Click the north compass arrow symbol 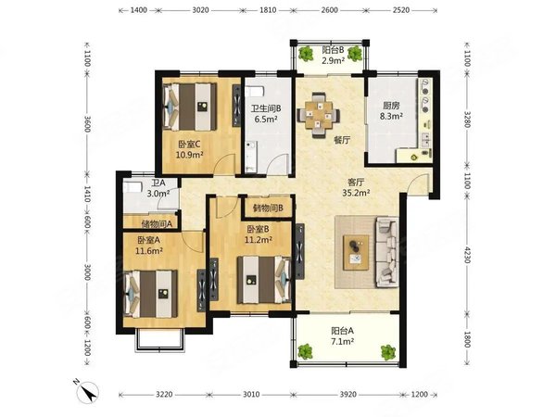88,391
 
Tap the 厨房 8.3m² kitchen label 391,110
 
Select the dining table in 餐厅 318,115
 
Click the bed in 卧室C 190,107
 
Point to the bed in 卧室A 151,295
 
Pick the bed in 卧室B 264,280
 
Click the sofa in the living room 387,253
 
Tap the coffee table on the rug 356,252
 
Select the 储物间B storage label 268,208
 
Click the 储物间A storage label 157,224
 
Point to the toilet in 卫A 132,187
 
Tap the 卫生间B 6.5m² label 266,113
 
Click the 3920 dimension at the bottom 347,395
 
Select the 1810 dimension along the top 268,10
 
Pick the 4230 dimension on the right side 467,255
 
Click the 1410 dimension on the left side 87,194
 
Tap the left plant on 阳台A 305,351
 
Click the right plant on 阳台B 354,54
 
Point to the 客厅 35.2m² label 356,187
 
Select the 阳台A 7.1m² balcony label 343,336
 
